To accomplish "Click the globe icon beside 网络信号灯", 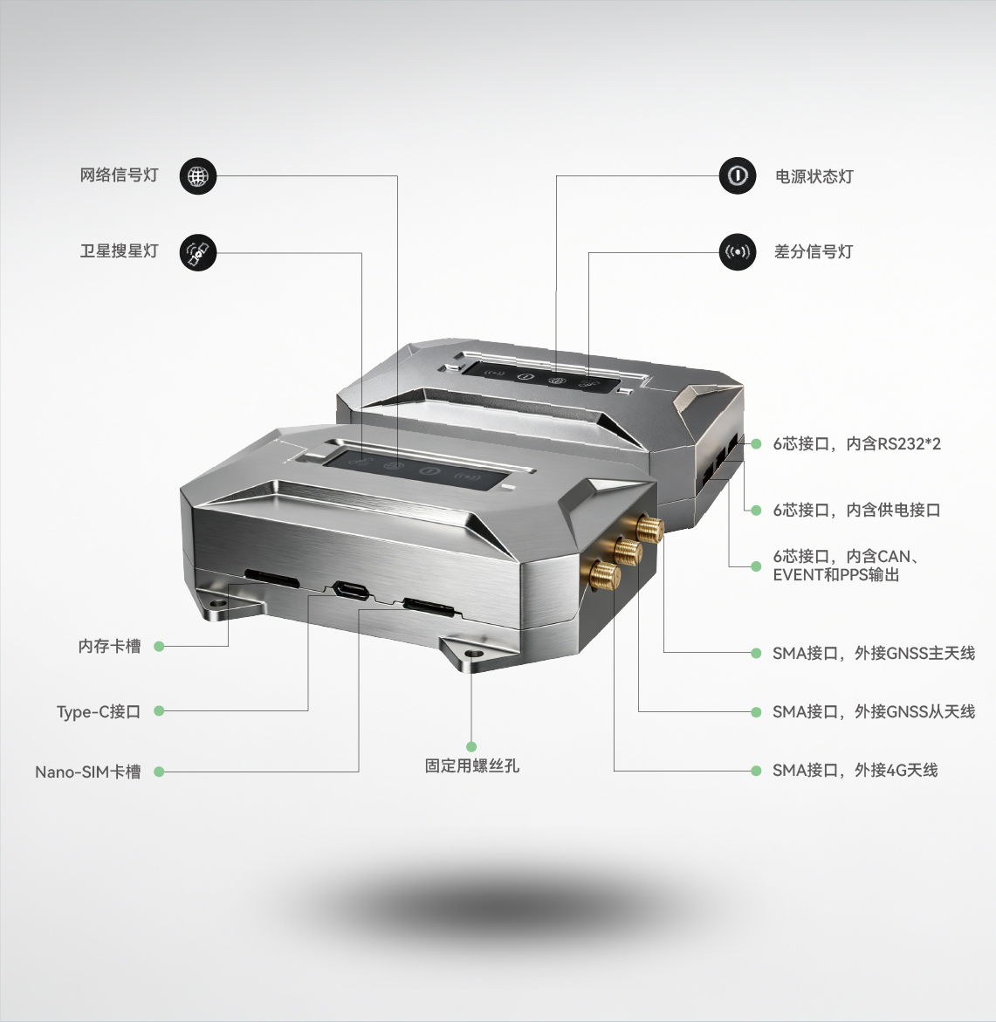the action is point(197,176).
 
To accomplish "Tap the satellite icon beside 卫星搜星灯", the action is point(197,252).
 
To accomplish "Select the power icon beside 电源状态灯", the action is point(738,175).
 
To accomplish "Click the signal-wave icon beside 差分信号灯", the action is point(738,251).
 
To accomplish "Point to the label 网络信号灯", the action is point(120,175).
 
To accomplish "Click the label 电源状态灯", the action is point(814,176).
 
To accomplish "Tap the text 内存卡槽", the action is point(109,646).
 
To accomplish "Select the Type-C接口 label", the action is point(99,712).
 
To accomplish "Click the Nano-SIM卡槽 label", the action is point(88,772).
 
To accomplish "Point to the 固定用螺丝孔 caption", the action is point(472,766).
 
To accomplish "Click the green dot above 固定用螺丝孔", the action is point(471,746).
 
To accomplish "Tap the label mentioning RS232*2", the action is point(857,444).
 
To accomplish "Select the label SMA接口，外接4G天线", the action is point(855,771).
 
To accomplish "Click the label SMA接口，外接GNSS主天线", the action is point(874,653).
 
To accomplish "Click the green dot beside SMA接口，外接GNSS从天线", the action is point(756,712).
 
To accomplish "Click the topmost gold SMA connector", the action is point(649,526).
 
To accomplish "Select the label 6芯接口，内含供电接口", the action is point(857,511).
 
